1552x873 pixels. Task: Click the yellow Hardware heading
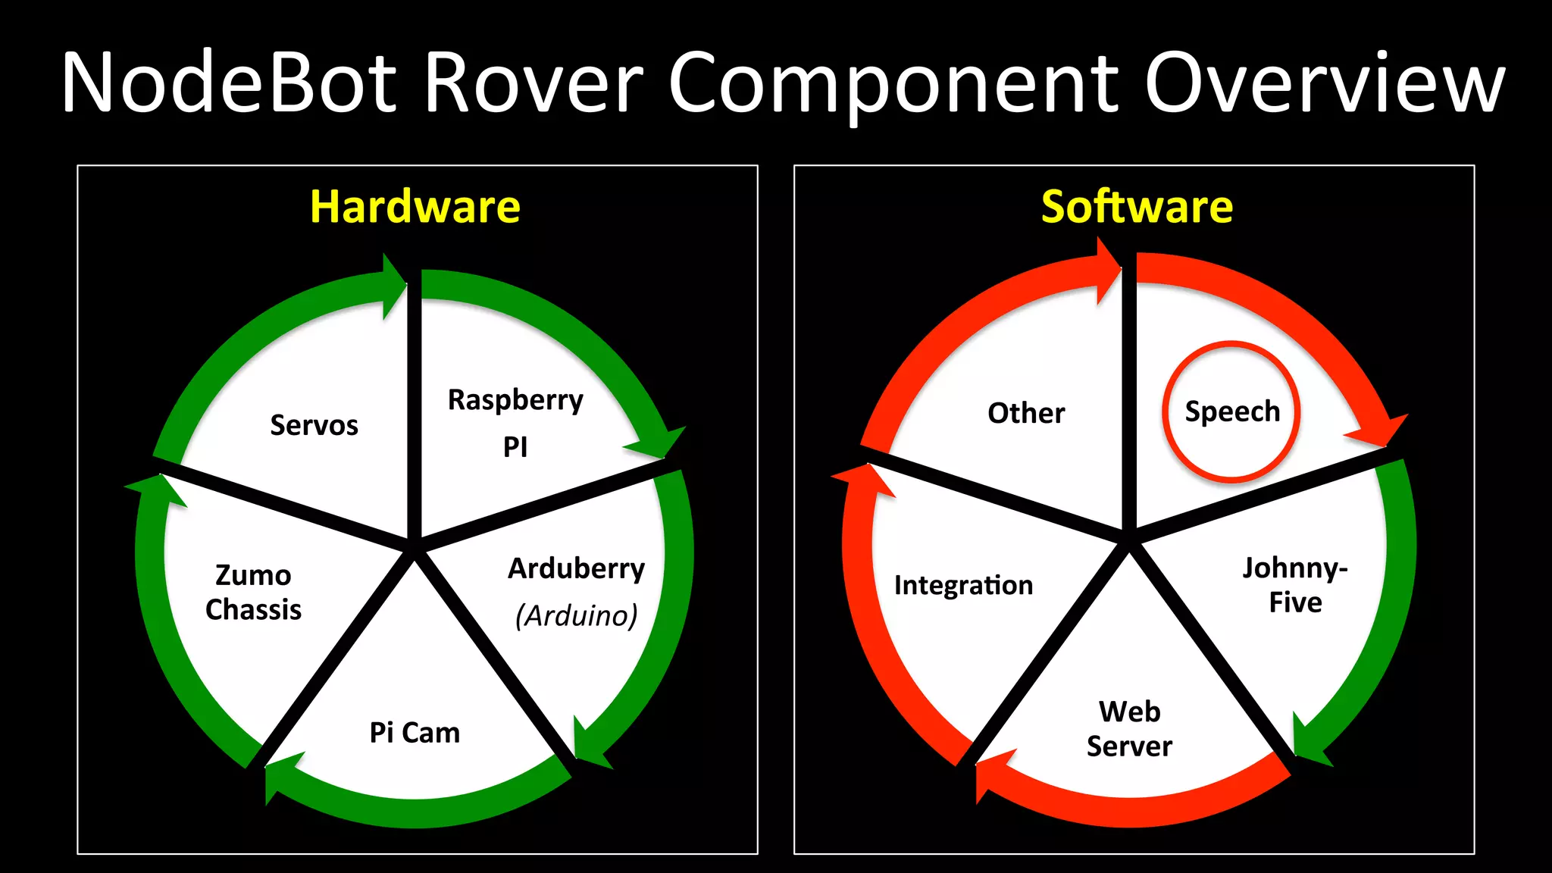coord(415,207)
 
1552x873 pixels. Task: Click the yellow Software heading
coord(1137,207)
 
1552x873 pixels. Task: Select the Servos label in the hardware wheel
coord(314,426)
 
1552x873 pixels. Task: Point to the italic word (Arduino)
coord(576,615)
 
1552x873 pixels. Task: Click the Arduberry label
coord(576,568)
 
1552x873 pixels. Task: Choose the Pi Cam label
coord(415,733)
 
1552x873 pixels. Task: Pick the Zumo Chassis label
coord(253,593)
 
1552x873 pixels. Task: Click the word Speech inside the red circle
coord(1232,411)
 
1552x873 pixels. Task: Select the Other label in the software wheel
coord(1026,413)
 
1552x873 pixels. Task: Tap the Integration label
coord(963,585)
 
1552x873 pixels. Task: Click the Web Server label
coord(1129,729)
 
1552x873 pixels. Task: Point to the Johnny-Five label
coord(1295,585)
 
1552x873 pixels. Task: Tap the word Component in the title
coord(894,83)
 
